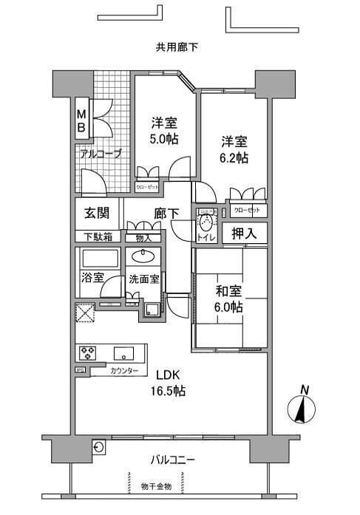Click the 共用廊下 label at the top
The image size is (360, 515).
177,47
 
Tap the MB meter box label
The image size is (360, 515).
82,120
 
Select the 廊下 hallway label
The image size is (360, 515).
166,214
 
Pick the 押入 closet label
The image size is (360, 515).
245,233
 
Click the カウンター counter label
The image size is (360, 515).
123,370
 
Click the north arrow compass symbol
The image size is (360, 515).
303,406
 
